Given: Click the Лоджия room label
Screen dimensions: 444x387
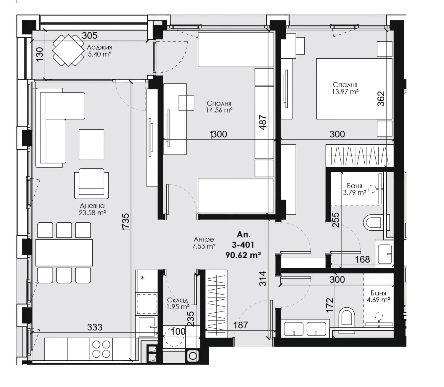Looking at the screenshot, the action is [x=99, y=47].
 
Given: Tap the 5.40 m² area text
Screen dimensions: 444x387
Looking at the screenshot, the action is [x=99, y=54].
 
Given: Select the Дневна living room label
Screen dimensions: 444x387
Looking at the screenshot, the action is [x=92, y=205].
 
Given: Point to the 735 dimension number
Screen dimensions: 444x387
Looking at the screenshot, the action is [x=126, y=221].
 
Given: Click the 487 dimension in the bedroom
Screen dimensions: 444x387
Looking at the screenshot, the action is [x=263, y=122].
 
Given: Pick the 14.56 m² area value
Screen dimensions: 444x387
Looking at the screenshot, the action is [x=219, y=110].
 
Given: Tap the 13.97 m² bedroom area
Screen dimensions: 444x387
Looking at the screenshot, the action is [x=345, y=91].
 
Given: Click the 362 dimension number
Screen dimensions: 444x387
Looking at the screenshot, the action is [x=381, y=99].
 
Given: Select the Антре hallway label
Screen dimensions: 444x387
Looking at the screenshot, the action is [x=204, y=239].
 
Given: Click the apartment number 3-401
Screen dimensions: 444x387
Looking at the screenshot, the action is [x=243, y=245].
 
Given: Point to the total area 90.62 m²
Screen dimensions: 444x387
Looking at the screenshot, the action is [x=243, y=255].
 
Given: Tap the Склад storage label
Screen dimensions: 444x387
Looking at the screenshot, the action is [x=178, y=300].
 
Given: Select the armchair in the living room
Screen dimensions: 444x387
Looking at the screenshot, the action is [x=91, y=183].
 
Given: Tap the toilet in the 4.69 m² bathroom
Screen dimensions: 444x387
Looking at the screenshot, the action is [x=346, y=317].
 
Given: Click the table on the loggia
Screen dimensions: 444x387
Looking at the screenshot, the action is [x=68, y=50].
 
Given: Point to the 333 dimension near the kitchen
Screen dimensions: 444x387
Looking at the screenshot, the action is [x=95, y=327].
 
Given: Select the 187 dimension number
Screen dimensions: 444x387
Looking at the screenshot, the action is [x=240, y=325].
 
